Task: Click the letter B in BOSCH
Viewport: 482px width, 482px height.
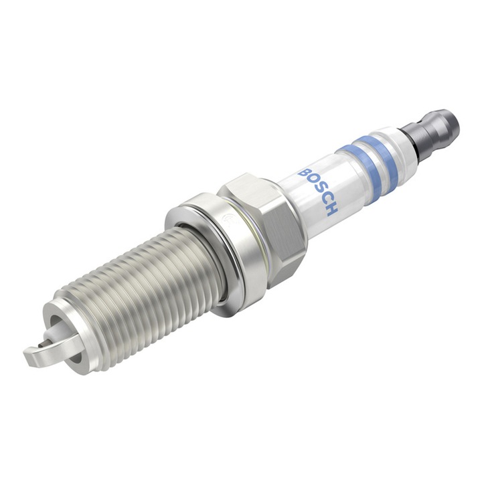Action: [x=305, y=173]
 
